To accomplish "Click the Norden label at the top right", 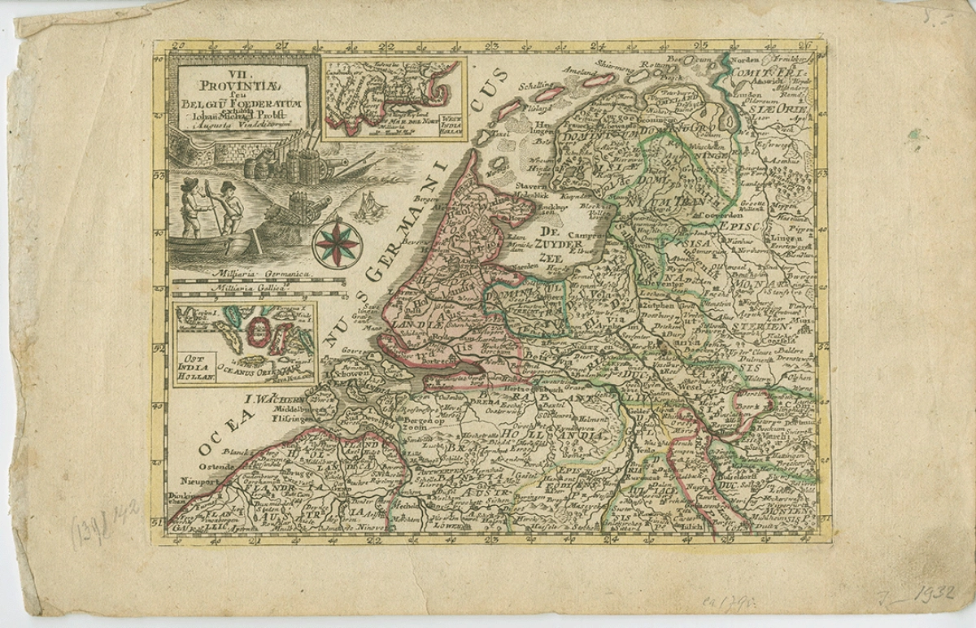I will click(746, 62).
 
